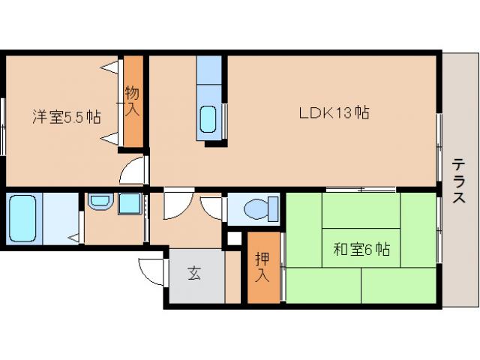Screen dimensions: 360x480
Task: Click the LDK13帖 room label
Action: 333,113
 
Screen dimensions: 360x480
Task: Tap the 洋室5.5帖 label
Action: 66,117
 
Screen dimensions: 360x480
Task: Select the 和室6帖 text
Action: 361,250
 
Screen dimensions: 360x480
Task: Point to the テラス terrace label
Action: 458,181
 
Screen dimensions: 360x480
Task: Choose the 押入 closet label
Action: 261,268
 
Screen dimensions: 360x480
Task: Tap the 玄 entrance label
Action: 194,274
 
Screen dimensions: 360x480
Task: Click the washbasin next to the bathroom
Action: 99,202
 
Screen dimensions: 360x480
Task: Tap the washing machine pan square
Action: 130,204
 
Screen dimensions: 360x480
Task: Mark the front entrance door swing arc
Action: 150,271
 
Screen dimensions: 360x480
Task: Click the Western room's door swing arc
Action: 133,172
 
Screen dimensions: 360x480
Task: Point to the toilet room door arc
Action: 213,207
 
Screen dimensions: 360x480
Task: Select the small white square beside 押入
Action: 234,239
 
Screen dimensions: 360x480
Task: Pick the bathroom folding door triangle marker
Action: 74,238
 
